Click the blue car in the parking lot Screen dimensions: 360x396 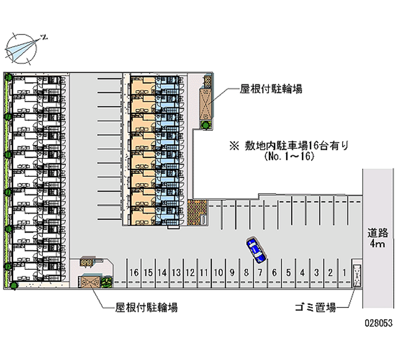point(256,250)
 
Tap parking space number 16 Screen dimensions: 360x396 point(134,272)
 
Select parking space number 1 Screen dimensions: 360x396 point(344,272)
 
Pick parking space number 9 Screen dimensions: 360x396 point(232,272)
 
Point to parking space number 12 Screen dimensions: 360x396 point(190,272)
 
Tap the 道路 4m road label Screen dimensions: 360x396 point(378,238)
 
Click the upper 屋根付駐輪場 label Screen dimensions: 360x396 point(271,89)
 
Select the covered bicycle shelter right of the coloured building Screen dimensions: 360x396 point(206,102)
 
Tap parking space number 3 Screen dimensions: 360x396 point(316,272)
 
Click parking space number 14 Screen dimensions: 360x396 point(161,272)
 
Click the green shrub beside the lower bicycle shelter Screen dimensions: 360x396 point(106,282)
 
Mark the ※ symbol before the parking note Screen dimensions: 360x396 point(233,146)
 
